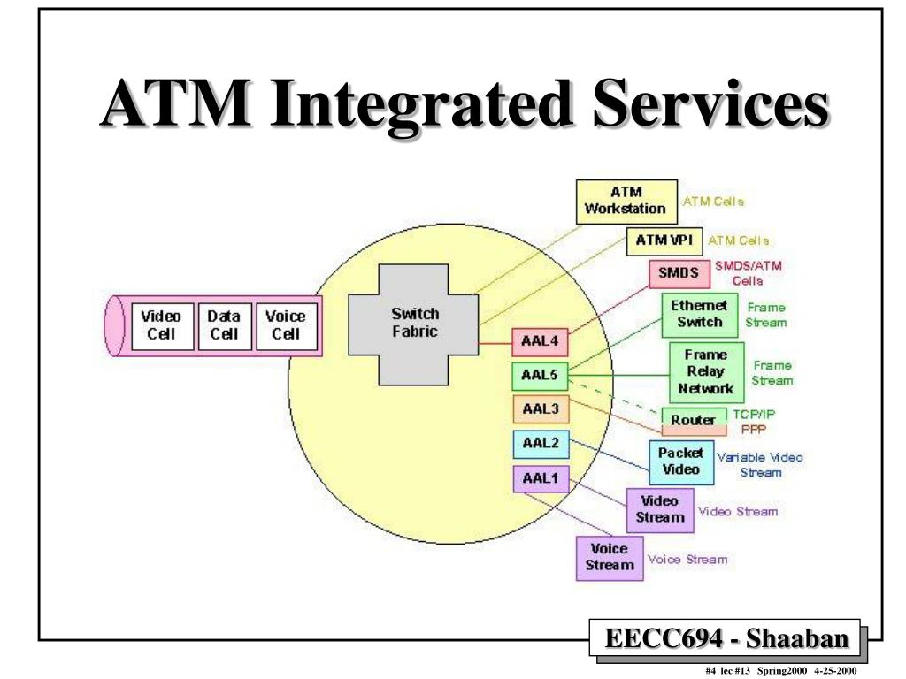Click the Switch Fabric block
[x=414, y=324]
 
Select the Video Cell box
[x=162, y=325]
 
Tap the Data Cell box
[x=223, y=325]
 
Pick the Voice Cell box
[x=286, y=325]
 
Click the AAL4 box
[x=540, y=342]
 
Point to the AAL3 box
[x=540, y=409]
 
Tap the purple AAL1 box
[x=540, y=478]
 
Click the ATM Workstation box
[x=626, y=201]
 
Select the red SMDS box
[x=679, y=274]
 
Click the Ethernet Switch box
[x=699, y=314]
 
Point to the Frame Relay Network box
[x=705, y=371]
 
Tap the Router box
[x=693, y=420]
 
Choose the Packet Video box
[x=680, y=461]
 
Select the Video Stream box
[x=659, y=509]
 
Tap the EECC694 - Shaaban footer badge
[x=725, y=638]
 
